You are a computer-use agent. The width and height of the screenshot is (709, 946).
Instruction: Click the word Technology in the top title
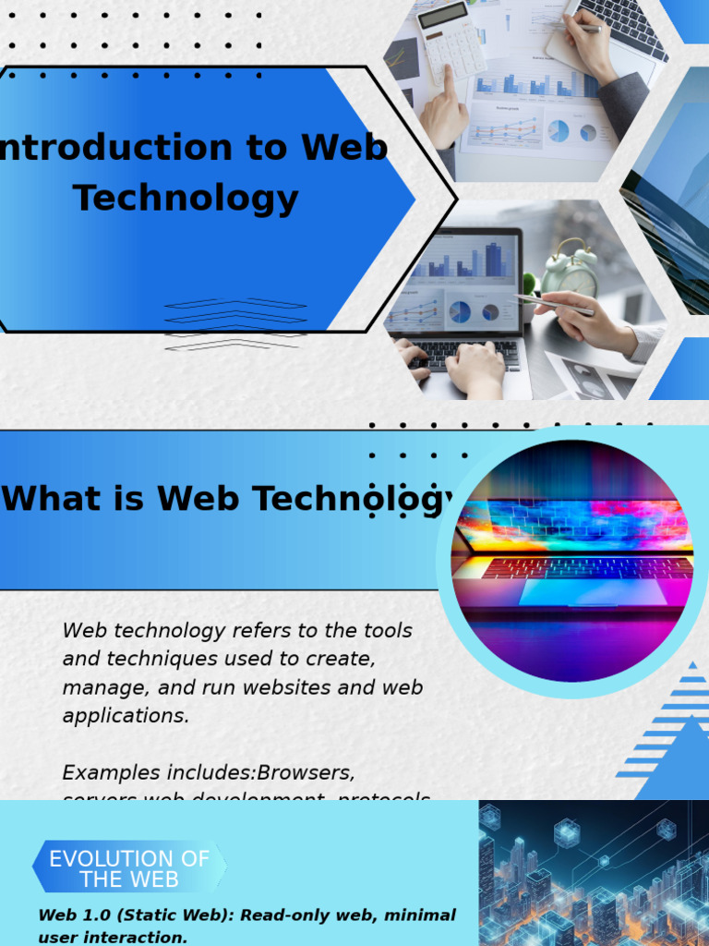[186, 198]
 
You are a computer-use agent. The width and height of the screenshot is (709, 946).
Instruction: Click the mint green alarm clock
[570, 271]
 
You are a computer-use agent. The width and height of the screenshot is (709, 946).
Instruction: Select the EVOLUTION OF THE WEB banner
[129, 868]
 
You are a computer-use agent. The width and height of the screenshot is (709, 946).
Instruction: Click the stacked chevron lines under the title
[235, 323]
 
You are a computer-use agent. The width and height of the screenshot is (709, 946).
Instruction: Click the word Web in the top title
[343, 148]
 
